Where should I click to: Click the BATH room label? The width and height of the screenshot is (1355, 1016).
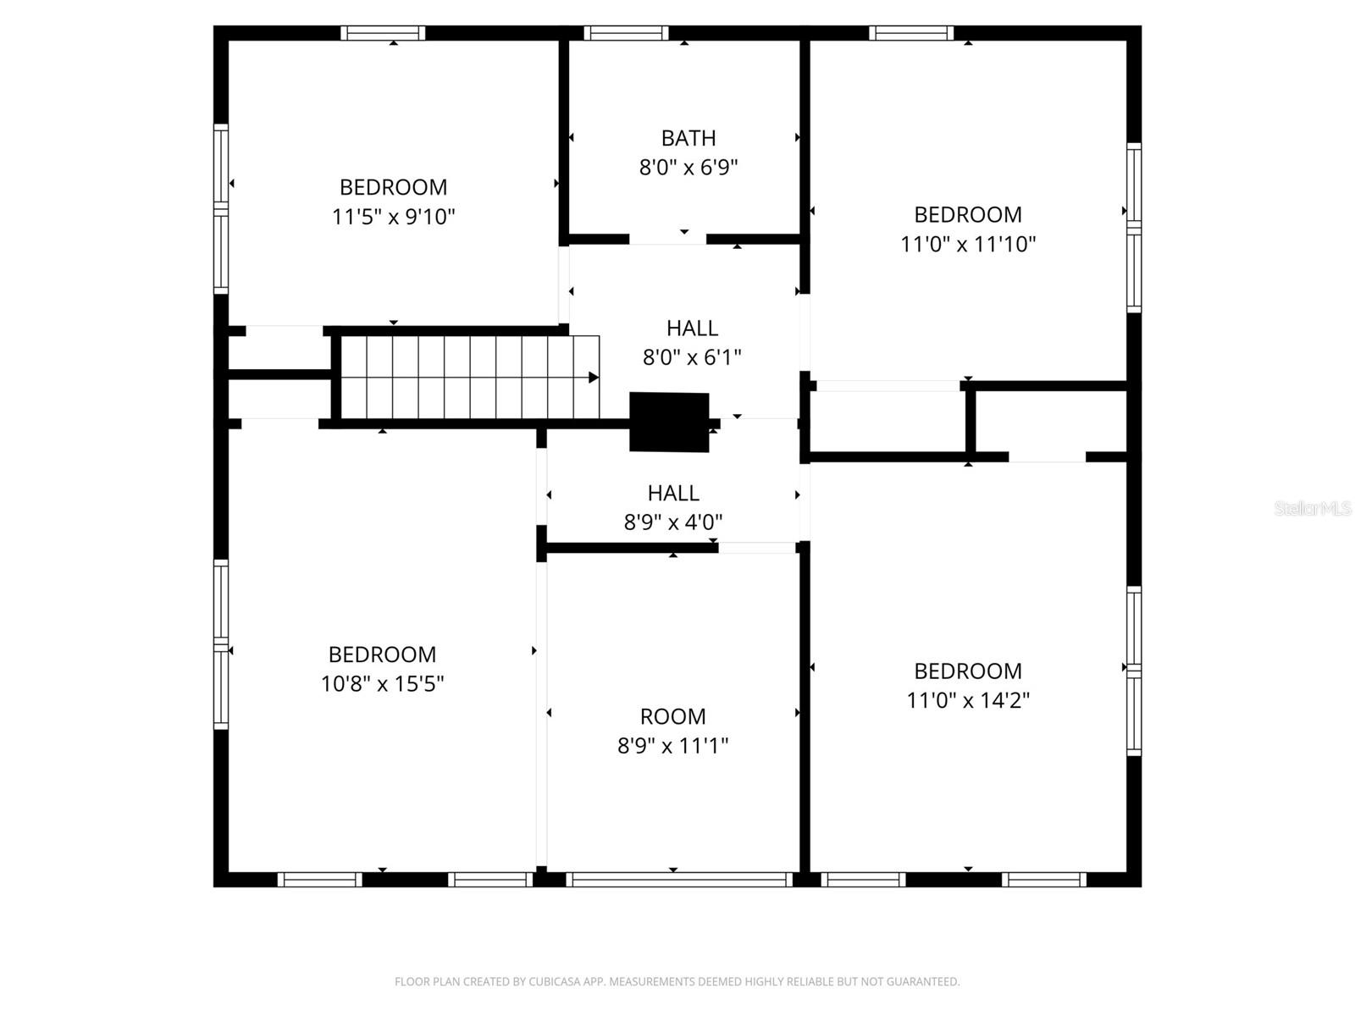(x=688, y=138)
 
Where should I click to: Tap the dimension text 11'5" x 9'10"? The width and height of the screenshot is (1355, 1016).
(x=393, y=217)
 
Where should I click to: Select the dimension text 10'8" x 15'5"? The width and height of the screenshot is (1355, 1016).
(x=382, y=684)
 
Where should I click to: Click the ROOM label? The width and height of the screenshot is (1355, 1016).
(x=672, y=716)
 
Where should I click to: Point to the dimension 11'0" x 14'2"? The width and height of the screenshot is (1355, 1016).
(x=967, y=701)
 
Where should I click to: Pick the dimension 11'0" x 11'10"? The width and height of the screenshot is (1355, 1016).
(x=967, y=245)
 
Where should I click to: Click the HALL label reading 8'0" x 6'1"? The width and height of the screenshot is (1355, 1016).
(x=692, y=329)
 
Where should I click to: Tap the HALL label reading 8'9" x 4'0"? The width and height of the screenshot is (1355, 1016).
(x=673, y=494)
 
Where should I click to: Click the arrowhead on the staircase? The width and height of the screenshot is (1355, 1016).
(x=594, y=378)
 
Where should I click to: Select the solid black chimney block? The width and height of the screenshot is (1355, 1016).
(x=669, y=422)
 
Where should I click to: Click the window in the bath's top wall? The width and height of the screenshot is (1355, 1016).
(x=626, y=34)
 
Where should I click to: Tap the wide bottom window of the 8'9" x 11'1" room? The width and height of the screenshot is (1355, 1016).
(x=679, y=880)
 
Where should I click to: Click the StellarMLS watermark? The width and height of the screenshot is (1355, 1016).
(x=1312, y=509)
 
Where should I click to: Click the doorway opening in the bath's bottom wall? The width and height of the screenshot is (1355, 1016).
(x=667, y=240)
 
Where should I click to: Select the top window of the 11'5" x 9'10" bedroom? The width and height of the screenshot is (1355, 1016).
(x=383, y=34)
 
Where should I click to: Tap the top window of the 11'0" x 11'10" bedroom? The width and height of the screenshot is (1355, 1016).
(x=911, y=34)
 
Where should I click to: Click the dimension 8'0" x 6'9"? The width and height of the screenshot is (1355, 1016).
(x=688, y=168)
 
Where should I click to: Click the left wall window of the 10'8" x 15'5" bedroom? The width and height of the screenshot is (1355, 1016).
(x=221, y=643)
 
